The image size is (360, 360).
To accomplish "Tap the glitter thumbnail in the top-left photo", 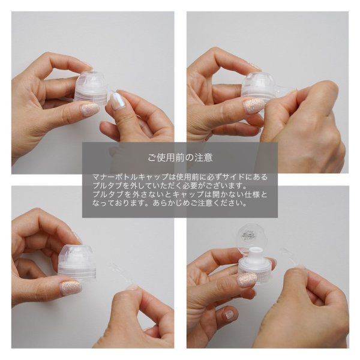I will [x=90, y=109].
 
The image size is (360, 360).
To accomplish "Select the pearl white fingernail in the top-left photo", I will [x=118, y=100].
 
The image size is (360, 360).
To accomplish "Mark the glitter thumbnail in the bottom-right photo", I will [x=247, y=280].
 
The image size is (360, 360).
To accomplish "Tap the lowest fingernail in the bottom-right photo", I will [x=229, y=314].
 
